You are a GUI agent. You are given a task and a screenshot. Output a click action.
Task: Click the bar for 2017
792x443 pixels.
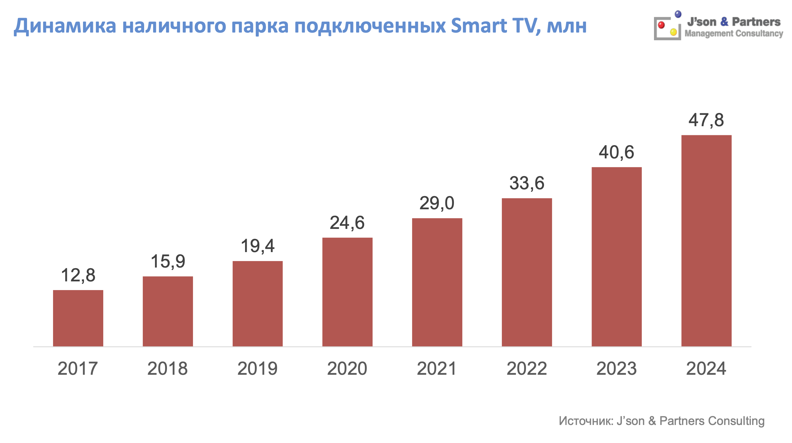click(x=78, y=318)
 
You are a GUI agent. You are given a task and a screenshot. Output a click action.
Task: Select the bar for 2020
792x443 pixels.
click(x=347, y=292)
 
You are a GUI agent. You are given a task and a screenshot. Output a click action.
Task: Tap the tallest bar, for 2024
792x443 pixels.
click(x=706, y=241)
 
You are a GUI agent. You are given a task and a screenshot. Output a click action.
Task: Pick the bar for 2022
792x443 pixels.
click(x=527, y=272)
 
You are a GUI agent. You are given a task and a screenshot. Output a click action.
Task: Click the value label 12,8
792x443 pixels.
click(x=78, y=275)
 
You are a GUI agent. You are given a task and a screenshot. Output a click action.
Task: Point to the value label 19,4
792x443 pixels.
click(x=258, y=246)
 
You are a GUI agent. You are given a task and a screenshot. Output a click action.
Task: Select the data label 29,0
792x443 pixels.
click(x=437, y=203)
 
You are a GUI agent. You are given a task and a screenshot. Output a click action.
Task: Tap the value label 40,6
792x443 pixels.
click(x=616, y=152)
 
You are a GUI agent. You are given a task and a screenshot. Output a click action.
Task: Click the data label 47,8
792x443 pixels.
click(x=706, y=120)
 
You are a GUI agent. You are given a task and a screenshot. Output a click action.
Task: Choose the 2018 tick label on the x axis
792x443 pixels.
click(x=168, y=368)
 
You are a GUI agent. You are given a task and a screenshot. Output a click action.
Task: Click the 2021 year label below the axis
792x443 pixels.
click(x=437, y=368)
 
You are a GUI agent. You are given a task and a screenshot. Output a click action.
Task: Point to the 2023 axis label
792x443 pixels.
click(x=616, y=368)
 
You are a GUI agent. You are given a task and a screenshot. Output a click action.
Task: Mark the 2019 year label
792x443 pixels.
click(x=257, y=368)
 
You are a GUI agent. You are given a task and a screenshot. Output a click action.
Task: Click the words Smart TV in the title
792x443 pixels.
click(x=496, y=25)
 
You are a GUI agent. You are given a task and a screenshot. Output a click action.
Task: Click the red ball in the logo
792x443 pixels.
click(x=661, y=25)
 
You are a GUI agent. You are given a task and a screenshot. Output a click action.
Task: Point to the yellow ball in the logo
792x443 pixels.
click(x=673, y=32)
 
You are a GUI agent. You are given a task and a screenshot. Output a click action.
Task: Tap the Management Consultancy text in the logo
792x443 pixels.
click(x=733, y=33)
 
